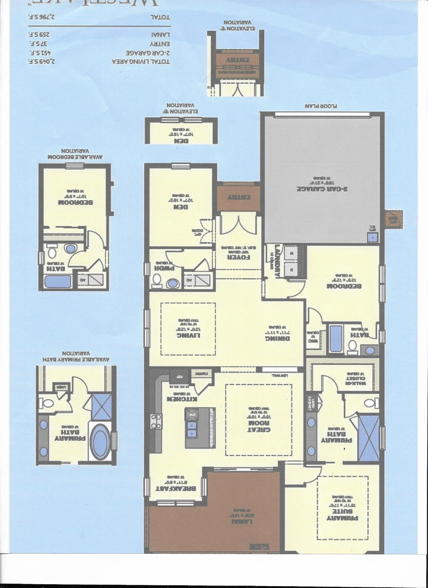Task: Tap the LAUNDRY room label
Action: click(277, 261)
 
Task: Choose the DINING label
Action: click(277, 338)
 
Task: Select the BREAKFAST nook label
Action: click(176, 488)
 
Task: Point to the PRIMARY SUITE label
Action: click(343, 513)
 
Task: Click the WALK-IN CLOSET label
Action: click(356, 381)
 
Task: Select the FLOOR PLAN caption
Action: click(321, 106)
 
